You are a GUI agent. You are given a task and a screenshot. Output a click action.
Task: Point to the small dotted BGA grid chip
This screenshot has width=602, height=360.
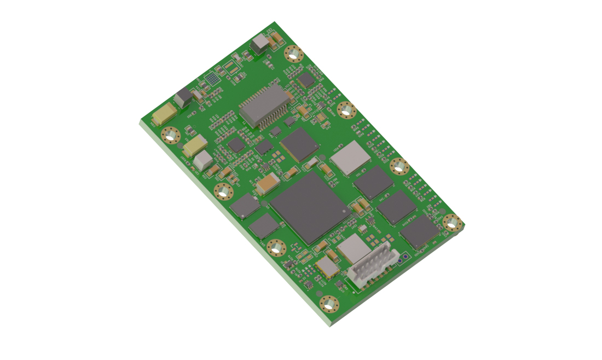click(213, 79)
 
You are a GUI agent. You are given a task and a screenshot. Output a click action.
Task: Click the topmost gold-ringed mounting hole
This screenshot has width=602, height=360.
click(294, 54)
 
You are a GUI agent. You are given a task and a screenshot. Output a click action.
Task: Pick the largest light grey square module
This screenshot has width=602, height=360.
click(350, 157)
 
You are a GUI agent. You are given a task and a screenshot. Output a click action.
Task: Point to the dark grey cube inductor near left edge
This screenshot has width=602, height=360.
click(183, 98)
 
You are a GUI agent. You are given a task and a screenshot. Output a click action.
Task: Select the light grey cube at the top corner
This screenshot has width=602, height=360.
click(259, 44)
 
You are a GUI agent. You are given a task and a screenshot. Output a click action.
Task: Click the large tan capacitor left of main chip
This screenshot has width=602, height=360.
click(268, 184)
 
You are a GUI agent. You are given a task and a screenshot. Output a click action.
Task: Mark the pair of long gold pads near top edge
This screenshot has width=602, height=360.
click(232, 68)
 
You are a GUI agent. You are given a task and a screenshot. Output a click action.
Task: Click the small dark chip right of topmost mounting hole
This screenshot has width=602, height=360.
click(306, 80)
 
